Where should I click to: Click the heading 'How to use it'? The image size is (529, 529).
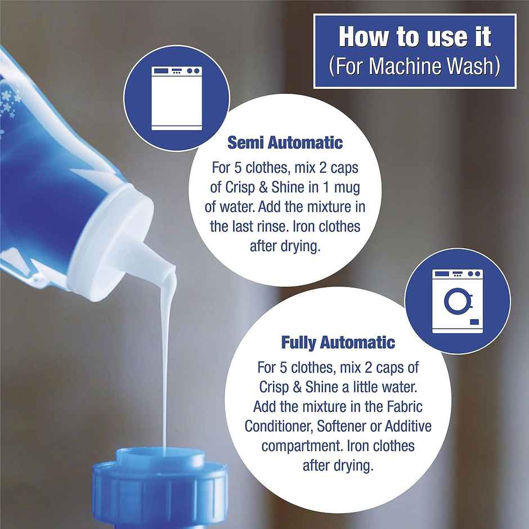coord(415,37)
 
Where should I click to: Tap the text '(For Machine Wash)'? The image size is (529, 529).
coord(415,66)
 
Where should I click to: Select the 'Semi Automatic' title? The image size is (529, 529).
coord(285,142)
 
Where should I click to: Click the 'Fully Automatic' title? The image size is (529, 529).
coord(338,342)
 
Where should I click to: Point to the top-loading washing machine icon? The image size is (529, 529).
coord(177,98)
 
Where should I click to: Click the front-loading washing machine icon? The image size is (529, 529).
coord(458,301)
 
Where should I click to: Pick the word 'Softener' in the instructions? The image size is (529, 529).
coord(342,426)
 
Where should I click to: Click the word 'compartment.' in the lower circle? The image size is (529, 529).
coord(302,446)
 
